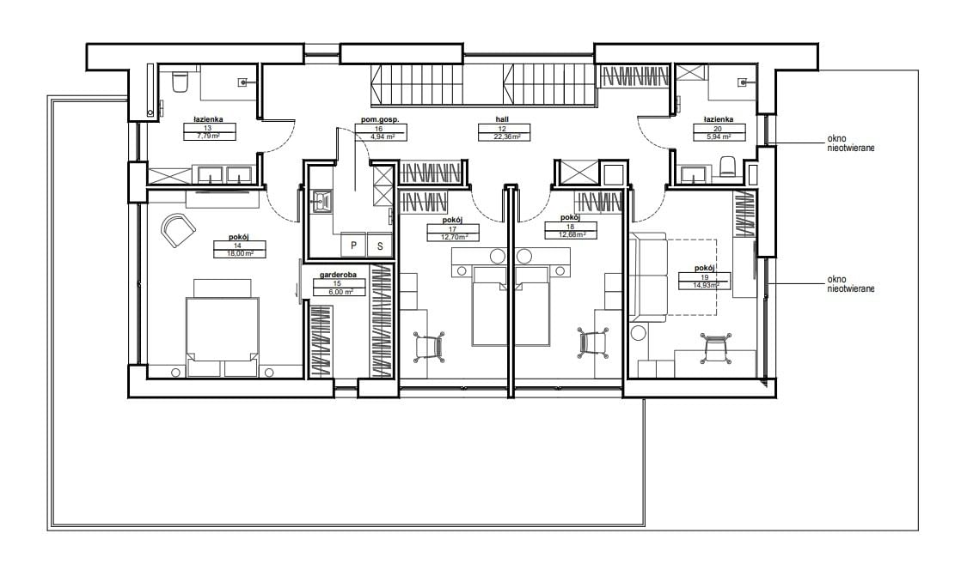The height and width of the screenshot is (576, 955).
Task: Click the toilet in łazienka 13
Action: click(181, 82)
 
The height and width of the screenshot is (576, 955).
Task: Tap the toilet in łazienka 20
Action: click(728, 166)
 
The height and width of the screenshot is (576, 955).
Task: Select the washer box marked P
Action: click(353, 246)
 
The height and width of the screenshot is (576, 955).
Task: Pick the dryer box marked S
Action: click(380, 246)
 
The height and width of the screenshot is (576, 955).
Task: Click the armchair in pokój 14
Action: click(178, 231)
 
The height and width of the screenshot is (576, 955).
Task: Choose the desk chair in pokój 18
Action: click(592, 343)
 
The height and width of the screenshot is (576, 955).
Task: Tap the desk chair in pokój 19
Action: click(716, 348)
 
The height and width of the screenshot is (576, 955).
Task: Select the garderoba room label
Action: click(338, 275)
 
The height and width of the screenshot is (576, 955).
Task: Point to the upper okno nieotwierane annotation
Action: click(850, 143)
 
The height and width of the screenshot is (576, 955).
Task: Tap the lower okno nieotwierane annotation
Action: click(850, 284)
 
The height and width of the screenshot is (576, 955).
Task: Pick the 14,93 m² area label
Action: click(705, 285)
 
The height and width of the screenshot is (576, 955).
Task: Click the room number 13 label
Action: click(208, 129)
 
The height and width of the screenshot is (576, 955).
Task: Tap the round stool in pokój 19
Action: click(638, 333)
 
